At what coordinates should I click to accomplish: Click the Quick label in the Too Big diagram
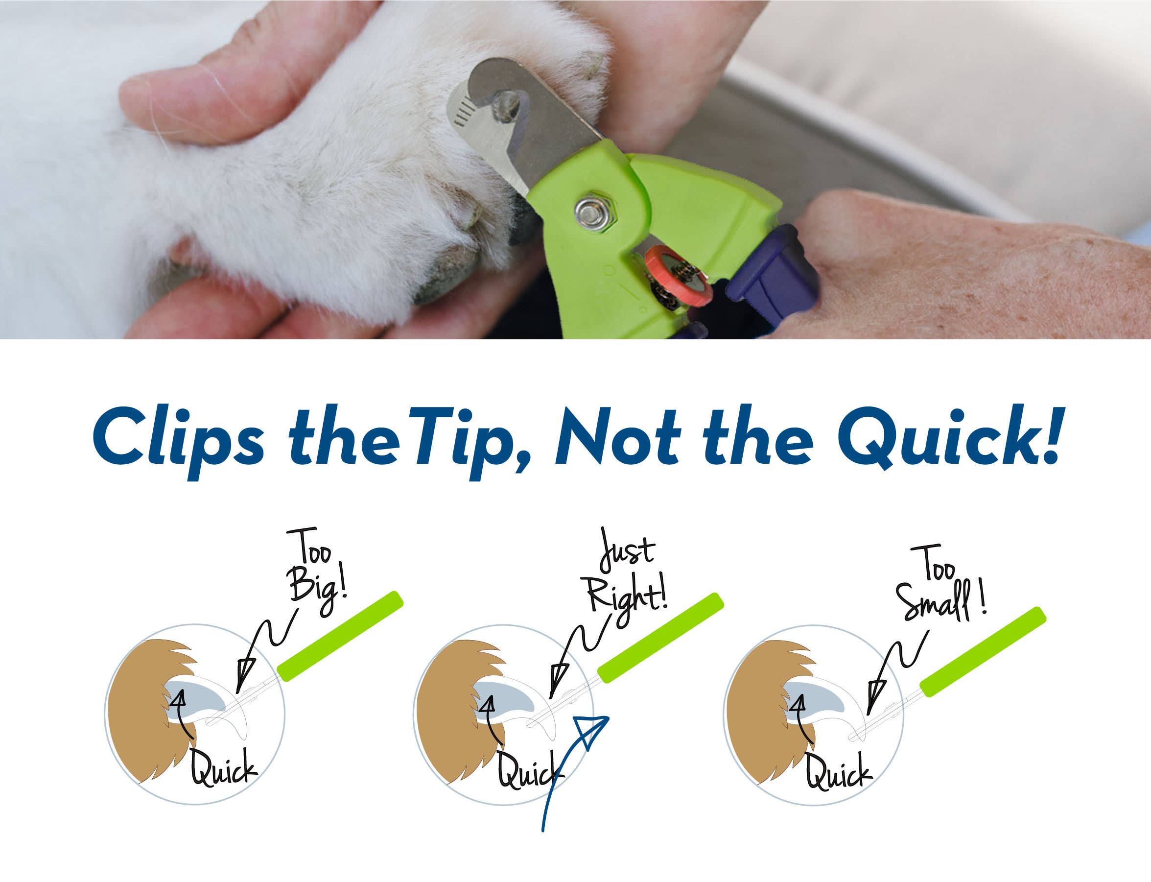coord(223,772)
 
